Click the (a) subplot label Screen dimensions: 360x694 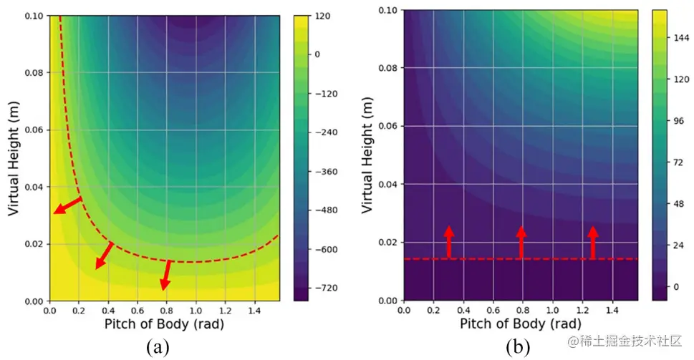[x=158, y=349]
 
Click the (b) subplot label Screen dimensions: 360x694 [x=518, y=349]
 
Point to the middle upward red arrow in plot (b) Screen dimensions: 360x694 [x=521, y=241]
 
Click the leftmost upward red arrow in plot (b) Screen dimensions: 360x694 [x=449, y=241]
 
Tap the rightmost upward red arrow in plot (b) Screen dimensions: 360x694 [x=593, y=241]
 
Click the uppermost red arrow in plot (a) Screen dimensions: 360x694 [x=68, y=205]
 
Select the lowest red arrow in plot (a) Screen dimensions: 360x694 [x=167, y=275]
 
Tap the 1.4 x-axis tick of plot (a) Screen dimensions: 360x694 [x=254, y=311]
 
